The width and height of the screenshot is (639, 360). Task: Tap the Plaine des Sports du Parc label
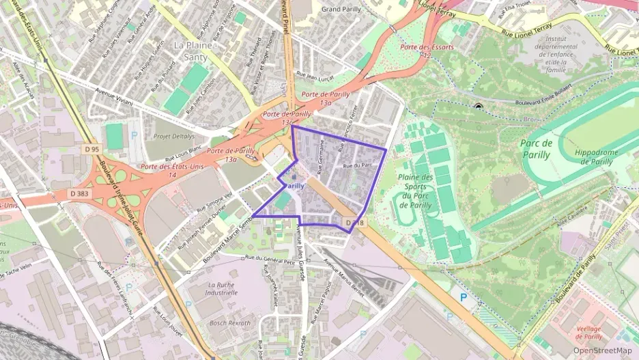pos(415,191)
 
